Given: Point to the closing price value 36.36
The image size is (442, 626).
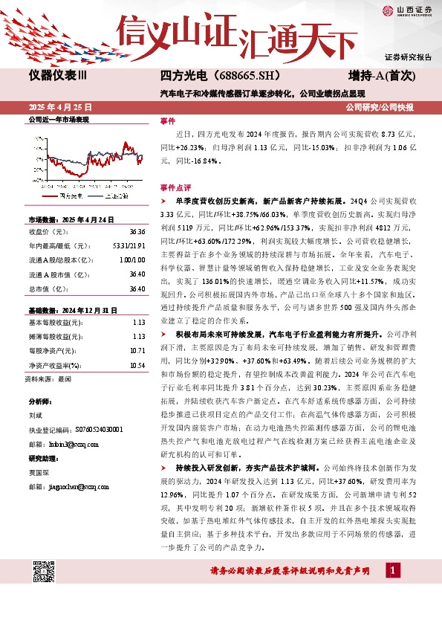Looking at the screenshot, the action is click(x=137, y=231).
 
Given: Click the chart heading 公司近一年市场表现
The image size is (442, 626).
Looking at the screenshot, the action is click(x=58, y=119).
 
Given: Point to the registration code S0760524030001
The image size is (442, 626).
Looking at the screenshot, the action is click(x=91, y=430).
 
